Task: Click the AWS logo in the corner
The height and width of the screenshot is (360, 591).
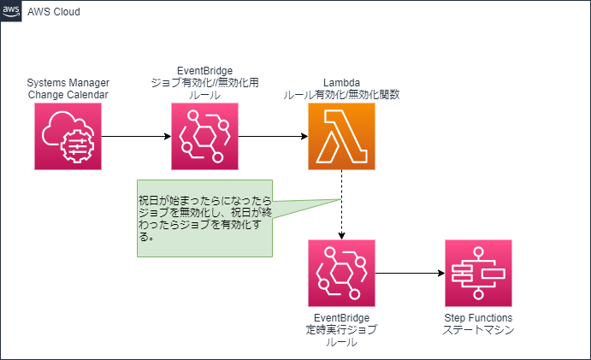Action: [x=11, y=11]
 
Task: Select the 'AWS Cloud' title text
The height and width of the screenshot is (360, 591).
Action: [x=54, y=12]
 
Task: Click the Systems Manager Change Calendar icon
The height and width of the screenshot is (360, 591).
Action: [x=68, y=137]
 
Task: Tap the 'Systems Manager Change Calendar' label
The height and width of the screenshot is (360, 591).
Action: [x=68, y=89]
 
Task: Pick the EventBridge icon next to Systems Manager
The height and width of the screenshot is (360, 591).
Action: [x=204, y=137]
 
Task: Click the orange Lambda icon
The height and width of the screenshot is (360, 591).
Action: [x=341, y=137]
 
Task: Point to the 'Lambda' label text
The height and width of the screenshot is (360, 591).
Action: [x=341, y=83]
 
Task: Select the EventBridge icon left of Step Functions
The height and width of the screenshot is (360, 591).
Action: [x=341, y=274]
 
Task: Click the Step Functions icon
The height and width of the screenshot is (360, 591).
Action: [x=478, y=274]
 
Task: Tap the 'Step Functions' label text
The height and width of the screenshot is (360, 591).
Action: [x=478, y=318]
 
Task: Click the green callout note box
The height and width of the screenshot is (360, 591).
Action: [x=204, y=219]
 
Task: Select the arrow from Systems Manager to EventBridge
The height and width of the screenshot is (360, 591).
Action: [x=137, y=137]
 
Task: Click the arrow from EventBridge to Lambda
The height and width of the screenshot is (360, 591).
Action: [x=273, y=137]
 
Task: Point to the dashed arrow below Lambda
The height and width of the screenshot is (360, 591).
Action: [x=341, y=204]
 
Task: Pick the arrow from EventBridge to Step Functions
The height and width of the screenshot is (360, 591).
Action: [x=410, y=274]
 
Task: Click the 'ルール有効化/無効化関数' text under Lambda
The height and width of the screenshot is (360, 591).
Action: [x=341, y=95]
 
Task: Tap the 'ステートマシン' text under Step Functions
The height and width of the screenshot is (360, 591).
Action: [x=478, y=330]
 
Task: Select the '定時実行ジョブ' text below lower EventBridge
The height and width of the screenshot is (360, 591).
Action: [x=341, y=330]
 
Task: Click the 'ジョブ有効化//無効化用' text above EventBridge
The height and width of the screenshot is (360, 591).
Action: [x=204, y=83]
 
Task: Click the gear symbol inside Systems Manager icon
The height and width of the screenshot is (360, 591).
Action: [x=78, y=146]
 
